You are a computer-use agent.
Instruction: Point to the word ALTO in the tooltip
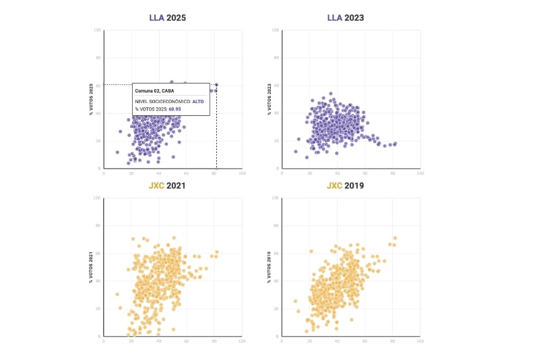(198, 101)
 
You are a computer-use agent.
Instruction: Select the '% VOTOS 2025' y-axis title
(91, 99)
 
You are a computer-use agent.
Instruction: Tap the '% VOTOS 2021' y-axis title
(91, 267)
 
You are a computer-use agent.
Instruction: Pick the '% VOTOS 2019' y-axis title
(269, 267)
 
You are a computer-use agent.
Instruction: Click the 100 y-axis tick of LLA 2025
(98, 30)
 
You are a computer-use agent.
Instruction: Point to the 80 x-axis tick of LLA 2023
(392, 174)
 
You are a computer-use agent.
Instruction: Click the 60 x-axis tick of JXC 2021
(186, 342)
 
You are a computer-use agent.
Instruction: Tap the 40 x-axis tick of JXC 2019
(337, 342)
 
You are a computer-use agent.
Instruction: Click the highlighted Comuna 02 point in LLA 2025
(216, 84)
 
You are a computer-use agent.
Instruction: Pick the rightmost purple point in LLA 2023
(395, 143)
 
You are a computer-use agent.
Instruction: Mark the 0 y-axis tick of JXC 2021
(100, 336)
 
